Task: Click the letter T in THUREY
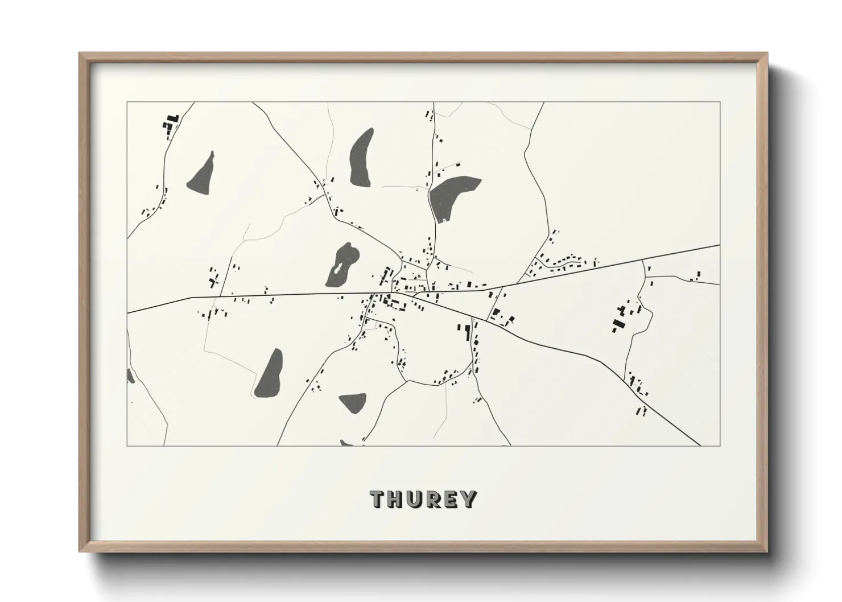coord(379,499)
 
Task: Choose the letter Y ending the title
coord(469,499)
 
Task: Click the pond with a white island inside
coord(341,265)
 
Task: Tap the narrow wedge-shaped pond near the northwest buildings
coord(203,174)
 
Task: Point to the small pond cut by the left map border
coord(130,375)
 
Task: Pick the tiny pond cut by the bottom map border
coord(346,443)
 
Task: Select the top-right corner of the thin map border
coord(720,102)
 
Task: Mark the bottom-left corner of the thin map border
coord(127,446)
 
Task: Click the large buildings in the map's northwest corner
coord(171,123)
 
